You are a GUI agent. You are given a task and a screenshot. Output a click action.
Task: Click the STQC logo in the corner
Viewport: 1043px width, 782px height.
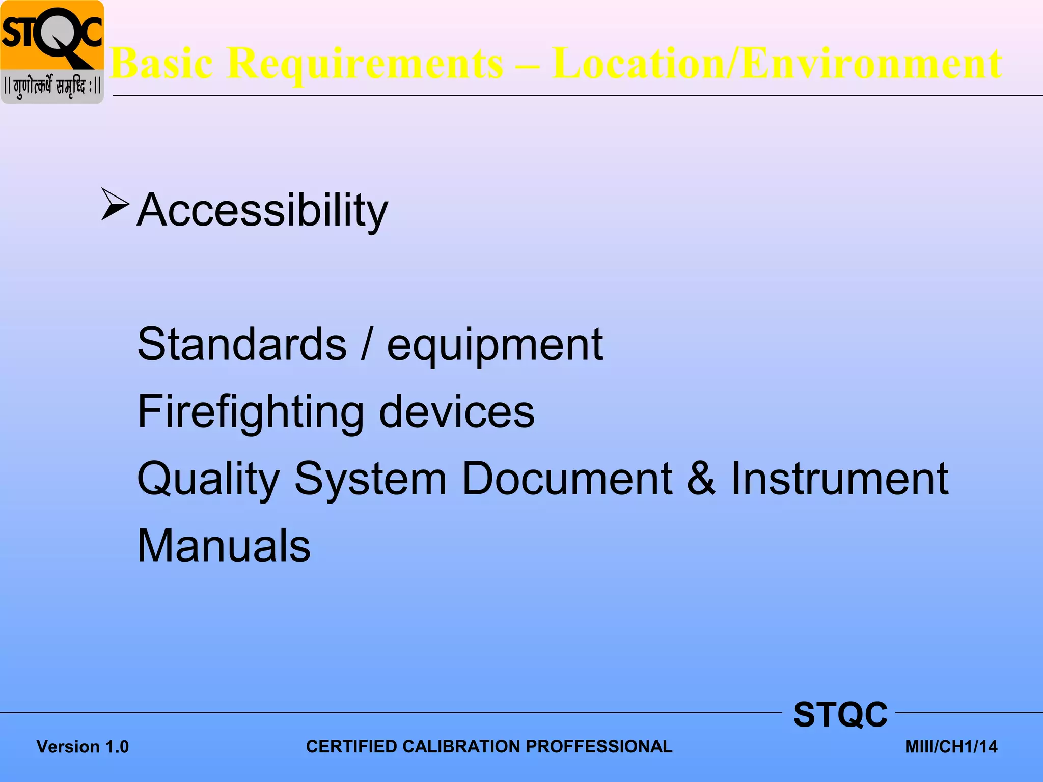(52, 52)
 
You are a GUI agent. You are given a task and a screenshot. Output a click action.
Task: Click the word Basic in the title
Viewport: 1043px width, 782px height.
(162, 63)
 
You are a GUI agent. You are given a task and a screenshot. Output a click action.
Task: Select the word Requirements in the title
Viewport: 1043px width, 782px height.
(365, 63)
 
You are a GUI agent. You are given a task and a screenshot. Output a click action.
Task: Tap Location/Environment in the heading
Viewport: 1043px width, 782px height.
(777, 63)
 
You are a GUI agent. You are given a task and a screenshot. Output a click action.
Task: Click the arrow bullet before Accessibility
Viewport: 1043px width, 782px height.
(115, 205)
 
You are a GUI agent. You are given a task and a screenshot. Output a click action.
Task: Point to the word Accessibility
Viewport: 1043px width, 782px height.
(262, 210)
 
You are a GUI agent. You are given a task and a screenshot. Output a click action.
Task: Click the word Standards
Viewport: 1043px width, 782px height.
(242, 345)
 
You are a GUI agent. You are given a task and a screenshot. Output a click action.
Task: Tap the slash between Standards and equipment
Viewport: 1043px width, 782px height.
(366, 345)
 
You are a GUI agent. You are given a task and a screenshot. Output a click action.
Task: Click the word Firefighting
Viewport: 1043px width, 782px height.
(251, 412)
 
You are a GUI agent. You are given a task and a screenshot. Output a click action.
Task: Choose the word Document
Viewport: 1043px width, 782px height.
(567, 479)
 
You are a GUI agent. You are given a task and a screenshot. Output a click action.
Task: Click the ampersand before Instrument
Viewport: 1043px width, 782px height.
(701, 479)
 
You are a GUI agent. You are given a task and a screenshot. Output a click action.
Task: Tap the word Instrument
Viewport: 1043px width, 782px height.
(839, 479)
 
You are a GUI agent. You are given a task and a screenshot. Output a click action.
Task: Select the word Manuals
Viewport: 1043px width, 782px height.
(224, 546)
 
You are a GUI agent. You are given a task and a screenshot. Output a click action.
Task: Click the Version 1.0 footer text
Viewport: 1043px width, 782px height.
(83, 747)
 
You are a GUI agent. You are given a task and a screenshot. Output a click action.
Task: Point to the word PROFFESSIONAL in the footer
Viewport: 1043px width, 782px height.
(599, 746)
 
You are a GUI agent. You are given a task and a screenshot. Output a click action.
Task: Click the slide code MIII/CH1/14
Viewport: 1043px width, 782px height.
(951, 747)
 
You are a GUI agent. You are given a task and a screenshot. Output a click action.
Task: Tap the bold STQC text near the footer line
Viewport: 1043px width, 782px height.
(840, 714)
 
